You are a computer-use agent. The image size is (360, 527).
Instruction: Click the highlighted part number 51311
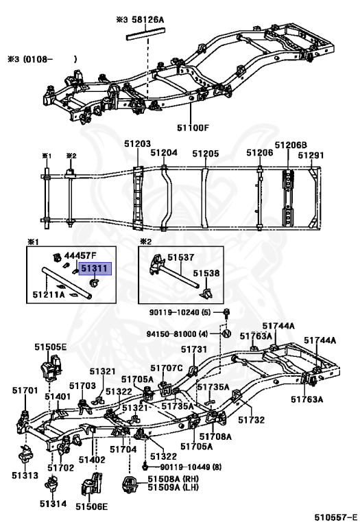pyautogui.click(x=95, y=268)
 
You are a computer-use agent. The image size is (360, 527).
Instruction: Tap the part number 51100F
pyautogui.click(x=193, y=128)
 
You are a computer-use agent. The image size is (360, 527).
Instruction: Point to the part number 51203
pyautogui.click(x=137, y=144)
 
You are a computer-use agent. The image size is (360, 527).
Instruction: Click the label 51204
pyautogui.click(x=164, y=152)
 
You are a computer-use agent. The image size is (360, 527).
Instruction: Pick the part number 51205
pyautogui.click(x=206, y=154)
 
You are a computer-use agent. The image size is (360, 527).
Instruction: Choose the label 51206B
pyautogui.click(x=291, y=145)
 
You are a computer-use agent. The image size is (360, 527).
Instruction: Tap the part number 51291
pyautogui.click(x=311, y=155)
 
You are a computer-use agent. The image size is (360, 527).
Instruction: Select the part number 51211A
pyautogui.click(x=49, y=294)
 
